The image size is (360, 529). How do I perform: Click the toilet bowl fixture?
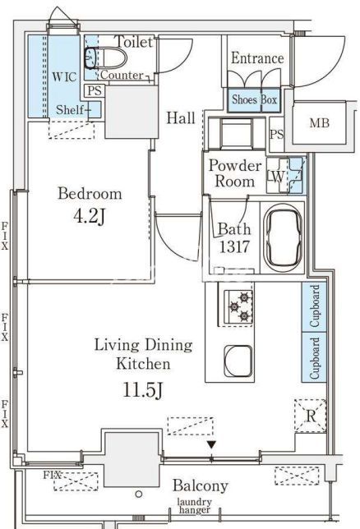[105, 57]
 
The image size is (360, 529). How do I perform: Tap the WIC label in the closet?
[64, 77]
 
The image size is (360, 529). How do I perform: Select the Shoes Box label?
[254, 99]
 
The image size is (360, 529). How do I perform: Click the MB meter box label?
[319, 123]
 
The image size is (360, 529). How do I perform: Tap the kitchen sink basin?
[238, 361]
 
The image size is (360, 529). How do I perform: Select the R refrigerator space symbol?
[311, 416]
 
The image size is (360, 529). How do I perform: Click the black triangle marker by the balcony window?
[211, 445]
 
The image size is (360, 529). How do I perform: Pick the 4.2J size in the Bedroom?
[89, 216]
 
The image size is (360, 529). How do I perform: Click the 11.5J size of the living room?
[143, 390]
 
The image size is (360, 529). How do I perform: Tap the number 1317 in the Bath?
[234, 246]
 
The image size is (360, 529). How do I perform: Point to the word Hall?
[181, 118]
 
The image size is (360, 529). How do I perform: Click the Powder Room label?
[235, 173]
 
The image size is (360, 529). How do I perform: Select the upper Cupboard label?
[315, 306]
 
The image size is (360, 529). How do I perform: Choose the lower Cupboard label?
[315, 358]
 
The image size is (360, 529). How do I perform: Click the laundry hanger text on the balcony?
[195, 506]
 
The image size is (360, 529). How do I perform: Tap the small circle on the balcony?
[138, 494]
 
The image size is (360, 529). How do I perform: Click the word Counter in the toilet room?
[122, 75]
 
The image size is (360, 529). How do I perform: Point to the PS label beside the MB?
[277, 134]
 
